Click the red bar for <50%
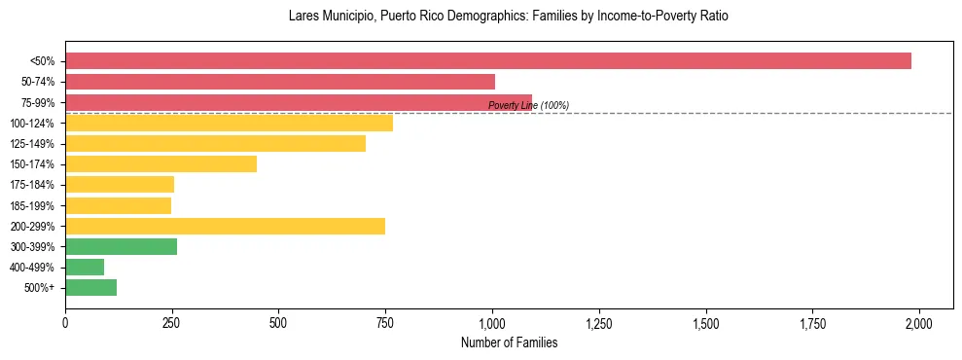(488, 60)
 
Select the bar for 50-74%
(280, 82)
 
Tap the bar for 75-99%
(299, 102)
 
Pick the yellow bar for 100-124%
(229, 123)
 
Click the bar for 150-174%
(160, 164)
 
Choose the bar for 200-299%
(225, 227)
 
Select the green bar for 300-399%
(121, 247)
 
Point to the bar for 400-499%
(85, 268)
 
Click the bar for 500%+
(90, 288)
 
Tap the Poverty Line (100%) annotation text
(528, 105)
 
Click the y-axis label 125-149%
(32, 144)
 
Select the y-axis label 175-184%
(32, 185)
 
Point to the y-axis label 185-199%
(32, 206)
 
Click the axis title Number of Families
(509, 342)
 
